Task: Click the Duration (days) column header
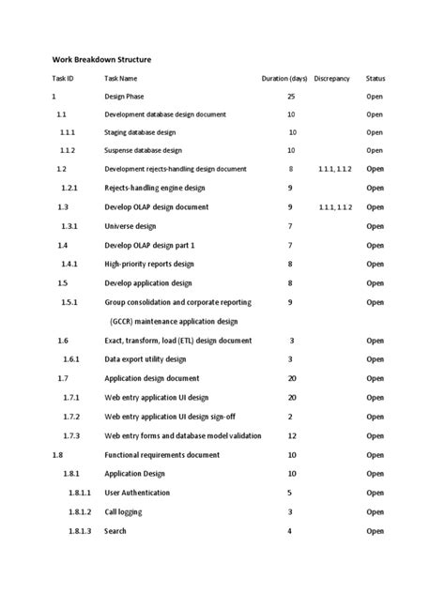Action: click(x=284, y=79)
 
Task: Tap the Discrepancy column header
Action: click(x=332, y=79)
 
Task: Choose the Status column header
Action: click(x=376, y=79)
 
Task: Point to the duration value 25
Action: click(x=291, y=97)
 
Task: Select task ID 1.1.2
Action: click(x=68, y=150)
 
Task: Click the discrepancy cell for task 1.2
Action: click(x=336, y=169)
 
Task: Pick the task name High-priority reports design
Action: click(x=149, y=265)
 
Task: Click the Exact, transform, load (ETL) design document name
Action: click(x=177, y=341)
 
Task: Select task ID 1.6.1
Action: click(x=71, y=359)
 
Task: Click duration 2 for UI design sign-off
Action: click(x=290, y=417)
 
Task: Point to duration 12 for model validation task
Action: click(x=291, y=435)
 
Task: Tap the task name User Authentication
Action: click(x=137, y=493)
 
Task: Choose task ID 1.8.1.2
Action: click(x=79, y=512)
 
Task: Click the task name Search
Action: click(x=115, y=531)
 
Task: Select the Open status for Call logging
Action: click(x=376, y=512)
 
